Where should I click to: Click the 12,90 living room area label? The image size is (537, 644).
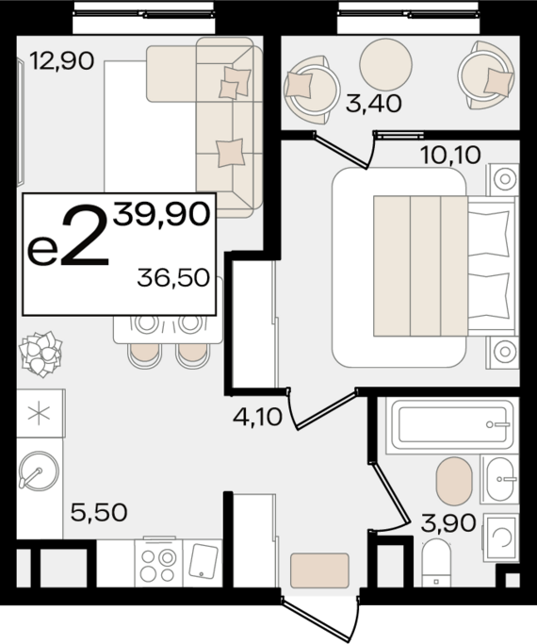[62, 60]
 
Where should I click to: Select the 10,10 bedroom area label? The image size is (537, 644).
[450, 156]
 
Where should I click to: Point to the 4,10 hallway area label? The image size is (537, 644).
[257, 417]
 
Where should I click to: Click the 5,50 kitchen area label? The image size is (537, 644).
[99, 512]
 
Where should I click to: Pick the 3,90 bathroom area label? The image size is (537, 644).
[448, 523]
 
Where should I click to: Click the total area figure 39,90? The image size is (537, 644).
[162, 214]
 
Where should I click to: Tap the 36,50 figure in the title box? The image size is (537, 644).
[173, 277]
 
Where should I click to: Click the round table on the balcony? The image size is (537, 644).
[385, 64]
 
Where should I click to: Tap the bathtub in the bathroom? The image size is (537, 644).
[452, 425]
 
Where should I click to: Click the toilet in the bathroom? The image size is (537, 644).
[436, 563]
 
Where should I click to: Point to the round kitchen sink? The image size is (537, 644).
[39, 471]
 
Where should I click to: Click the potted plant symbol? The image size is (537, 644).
[41, 354]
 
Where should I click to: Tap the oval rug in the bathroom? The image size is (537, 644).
[454, 481]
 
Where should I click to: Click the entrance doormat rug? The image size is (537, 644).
[319, 570]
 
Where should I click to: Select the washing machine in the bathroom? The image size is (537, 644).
[501, 537]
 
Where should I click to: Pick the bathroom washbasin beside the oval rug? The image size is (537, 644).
[500, 479]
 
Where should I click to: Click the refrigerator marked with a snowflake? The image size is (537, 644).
[41, 413]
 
